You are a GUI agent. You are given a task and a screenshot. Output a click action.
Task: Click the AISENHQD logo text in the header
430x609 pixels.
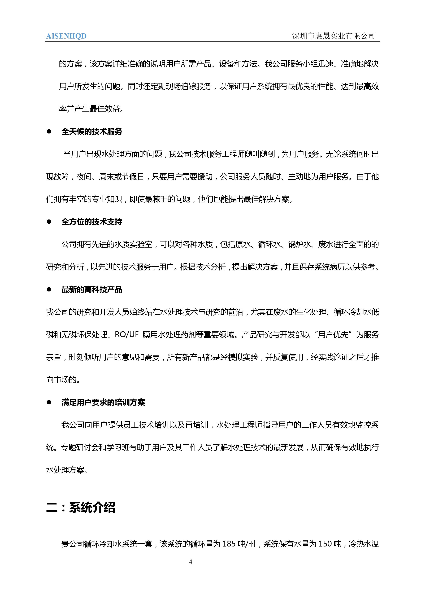coord(66,36)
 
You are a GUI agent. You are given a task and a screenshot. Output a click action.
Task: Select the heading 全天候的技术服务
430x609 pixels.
coord(92,132)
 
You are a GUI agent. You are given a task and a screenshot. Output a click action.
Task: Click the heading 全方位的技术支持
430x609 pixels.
coord(92,222)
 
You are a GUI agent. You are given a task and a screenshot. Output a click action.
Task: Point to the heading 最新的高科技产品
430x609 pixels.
coord(92,290)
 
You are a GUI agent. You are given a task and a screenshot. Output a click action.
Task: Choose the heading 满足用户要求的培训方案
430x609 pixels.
coord(103,403)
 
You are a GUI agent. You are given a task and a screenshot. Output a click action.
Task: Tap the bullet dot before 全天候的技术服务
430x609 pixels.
coord(49,131)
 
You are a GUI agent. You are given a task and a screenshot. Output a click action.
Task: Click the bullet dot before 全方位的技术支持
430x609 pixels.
coord(49,222)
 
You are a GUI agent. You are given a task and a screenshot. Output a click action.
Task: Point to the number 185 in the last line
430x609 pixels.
coord(229,544)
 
